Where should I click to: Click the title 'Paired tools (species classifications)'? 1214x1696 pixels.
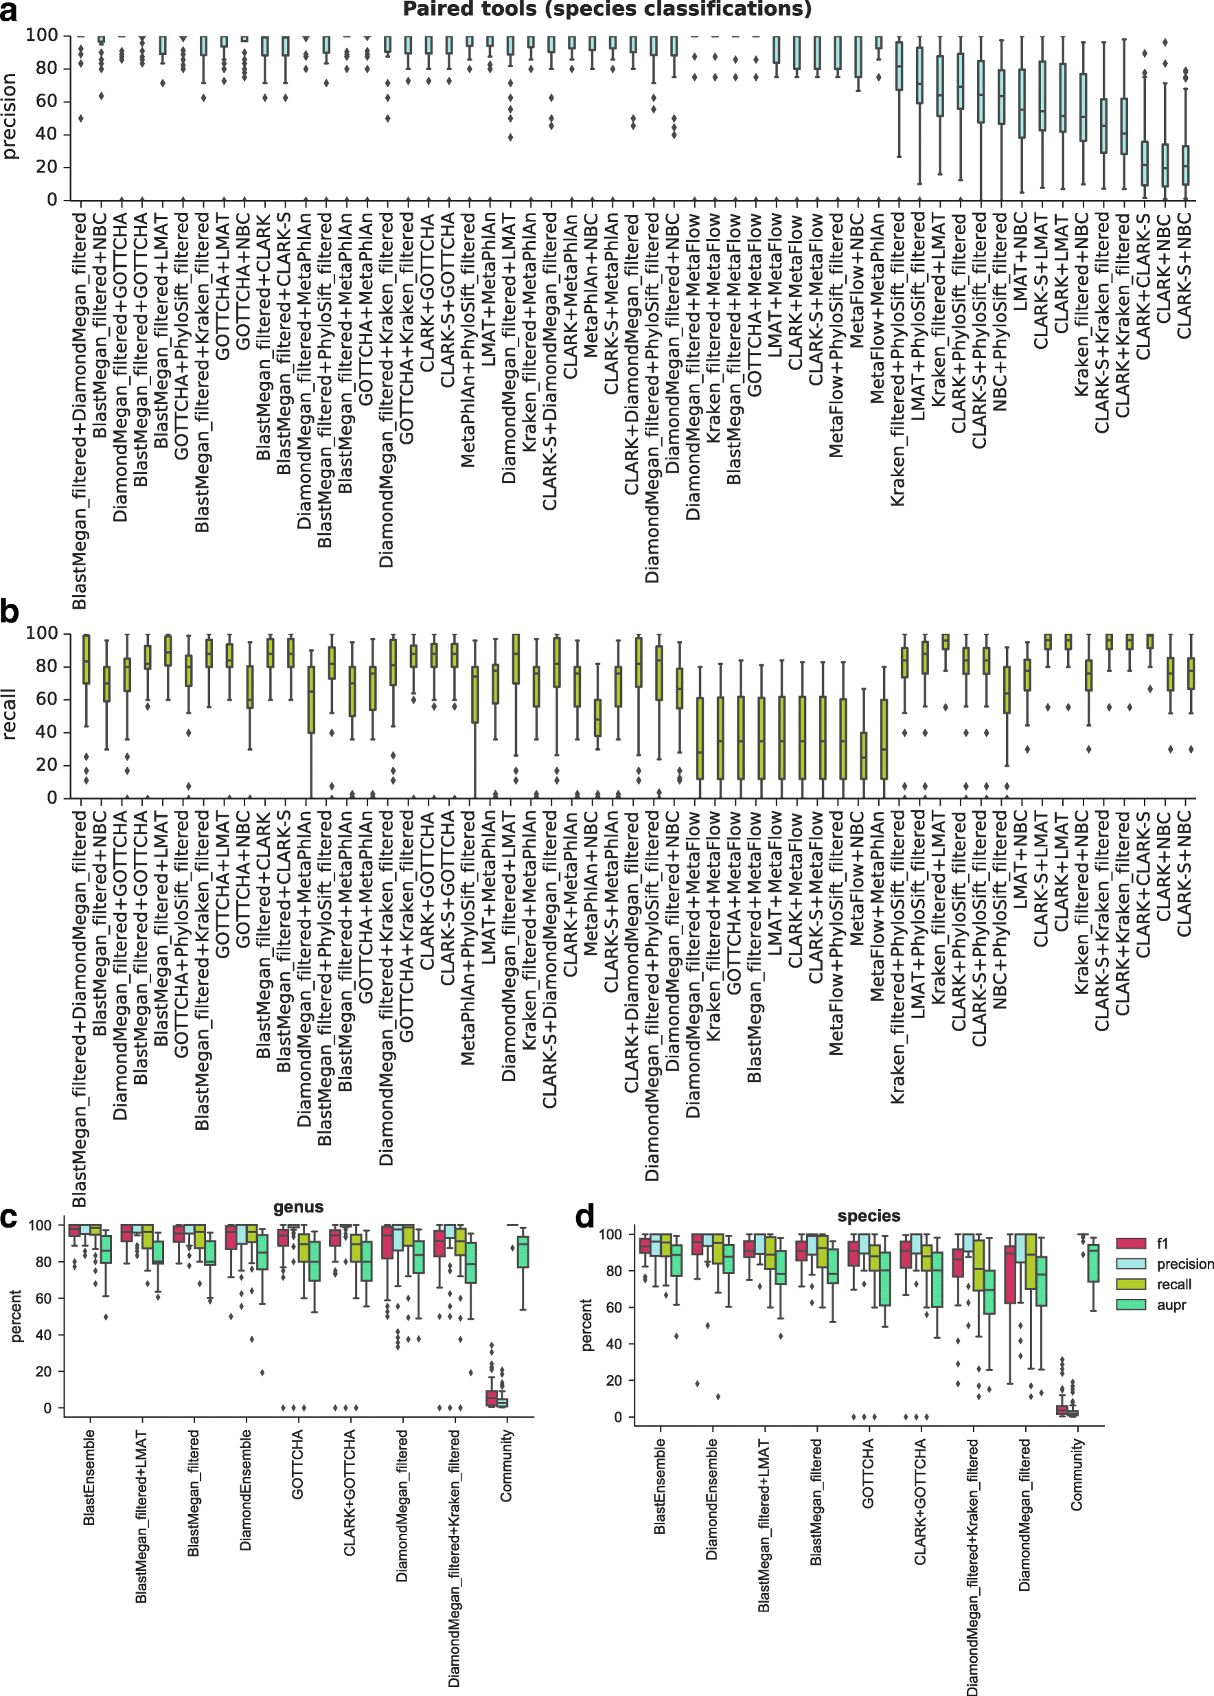606,9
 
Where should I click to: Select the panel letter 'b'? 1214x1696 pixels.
10,611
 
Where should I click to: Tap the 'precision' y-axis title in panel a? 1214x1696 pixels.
9,116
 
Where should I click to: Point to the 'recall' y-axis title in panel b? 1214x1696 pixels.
9,716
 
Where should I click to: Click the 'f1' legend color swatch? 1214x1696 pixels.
1131,1243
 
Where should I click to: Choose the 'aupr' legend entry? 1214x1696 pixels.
1171,1305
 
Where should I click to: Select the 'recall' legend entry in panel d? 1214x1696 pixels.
1173,1284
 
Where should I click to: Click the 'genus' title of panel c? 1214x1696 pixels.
298,1207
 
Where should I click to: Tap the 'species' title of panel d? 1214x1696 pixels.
869,1216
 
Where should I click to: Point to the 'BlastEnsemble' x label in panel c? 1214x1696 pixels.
89,1477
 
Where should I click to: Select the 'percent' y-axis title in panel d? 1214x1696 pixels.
587,1324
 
